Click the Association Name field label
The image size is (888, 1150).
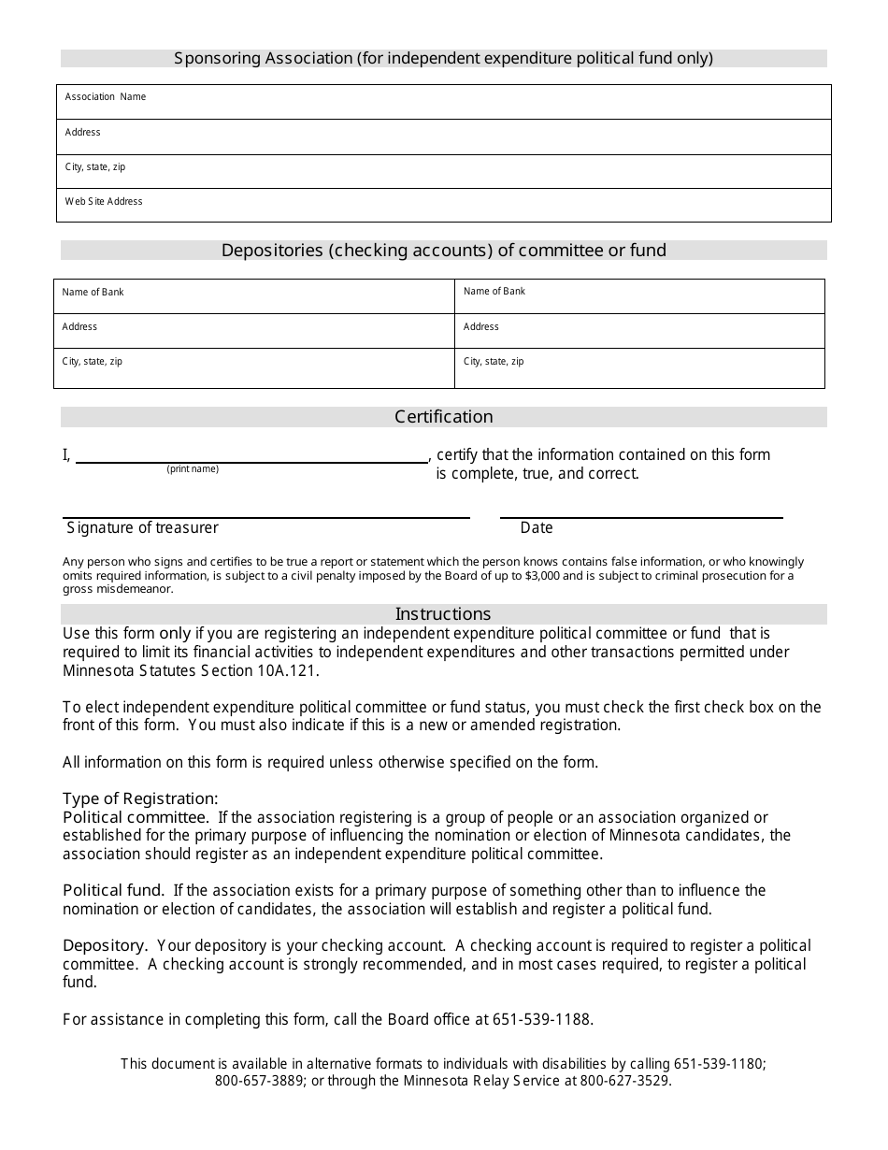point(106,97)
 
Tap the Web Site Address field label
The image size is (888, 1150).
point(104,202)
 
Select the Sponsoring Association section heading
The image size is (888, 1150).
point(443,58)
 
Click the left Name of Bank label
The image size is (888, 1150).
point(93,293)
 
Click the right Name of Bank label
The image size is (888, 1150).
point(494,292)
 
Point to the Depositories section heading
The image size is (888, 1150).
point(443,251)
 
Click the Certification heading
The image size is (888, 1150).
point(443,417)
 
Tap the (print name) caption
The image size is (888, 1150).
point(193,469)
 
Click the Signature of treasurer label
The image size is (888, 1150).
point(143,528)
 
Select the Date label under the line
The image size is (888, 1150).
point(537,528)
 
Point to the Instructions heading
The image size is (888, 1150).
point(443,614)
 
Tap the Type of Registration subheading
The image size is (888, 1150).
point(140,798)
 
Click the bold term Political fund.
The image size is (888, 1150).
point(113,890)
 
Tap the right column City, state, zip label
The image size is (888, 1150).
point(494,362)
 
